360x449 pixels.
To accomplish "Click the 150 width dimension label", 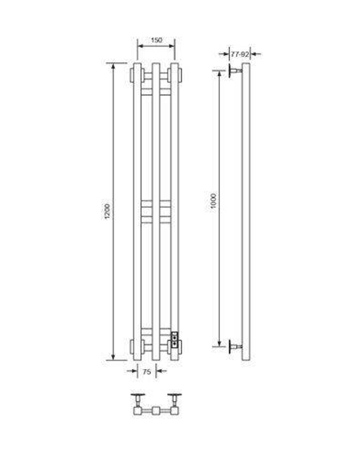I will coord(156,40).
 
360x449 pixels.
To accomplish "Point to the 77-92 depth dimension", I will coord(240,53).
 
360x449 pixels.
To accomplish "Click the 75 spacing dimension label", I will coord(146,371).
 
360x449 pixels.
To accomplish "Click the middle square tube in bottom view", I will coord(156,411).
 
